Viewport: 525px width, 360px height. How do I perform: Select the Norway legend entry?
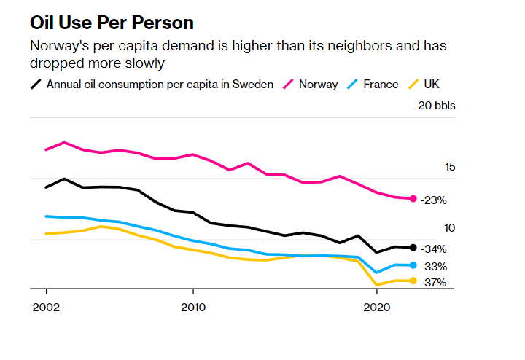tap(318, 84)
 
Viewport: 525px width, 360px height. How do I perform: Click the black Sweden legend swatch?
tap(35, 84)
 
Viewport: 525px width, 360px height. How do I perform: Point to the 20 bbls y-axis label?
tap(436, 106)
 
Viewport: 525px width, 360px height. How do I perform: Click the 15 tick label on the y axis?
tap(449, 167)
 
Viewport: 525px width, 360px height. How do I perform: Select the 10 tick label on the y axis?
tap(449, 228)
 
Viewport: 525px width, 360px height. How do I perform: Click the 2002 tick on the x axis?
tap(46, 308)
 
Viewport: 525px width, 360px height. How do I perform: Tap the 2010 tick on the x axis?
tap(192, 308)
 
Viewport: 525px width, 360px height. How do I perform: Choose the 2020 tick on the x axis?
tap(376, 308)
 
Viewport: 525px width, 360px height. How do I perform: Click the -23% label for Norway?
tap(433, 200)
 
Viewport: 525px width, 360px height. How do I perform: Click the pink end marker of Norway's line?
tap(413, 199)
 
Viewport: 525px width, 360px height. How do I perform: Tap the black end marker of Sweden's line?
tap(413, 248)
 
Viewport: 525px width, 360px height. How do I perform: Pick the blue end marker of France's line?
tap(413, 265)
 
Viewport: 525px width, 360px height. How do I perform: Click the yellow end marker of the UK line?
tap(413, 281)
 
